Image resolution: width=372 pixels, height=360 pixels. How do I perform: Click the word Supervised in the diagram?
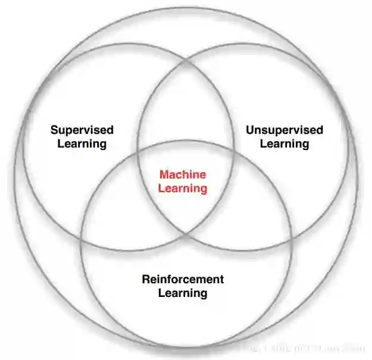coord(82,130)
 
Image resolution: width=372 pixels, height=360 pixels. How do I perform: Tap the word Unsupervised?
coord(285,130)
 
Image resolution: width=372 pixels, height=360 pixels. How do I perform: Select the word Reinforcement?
coord(183,279)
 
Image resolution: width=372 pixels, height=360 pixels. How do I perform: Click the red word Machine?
coord(183,175)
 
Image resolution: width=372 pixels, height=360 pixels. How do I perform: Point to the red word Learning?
coord(183,189)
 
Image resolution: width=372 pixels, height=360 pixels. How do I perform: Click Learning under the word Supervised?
coord(82,144)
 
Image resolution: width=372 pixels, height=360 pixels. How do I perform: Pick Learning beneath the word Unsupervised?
coord(285,144)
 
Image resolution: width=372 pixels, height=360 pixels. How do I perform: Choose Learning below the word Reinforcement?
coord(183,293)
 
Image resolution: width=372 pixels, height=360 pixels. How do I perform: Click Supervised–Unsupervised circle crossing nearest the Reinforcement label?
coord(186,233)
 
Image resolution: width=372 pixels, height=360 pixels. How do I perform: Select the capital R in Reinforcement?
coord(146,279)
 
